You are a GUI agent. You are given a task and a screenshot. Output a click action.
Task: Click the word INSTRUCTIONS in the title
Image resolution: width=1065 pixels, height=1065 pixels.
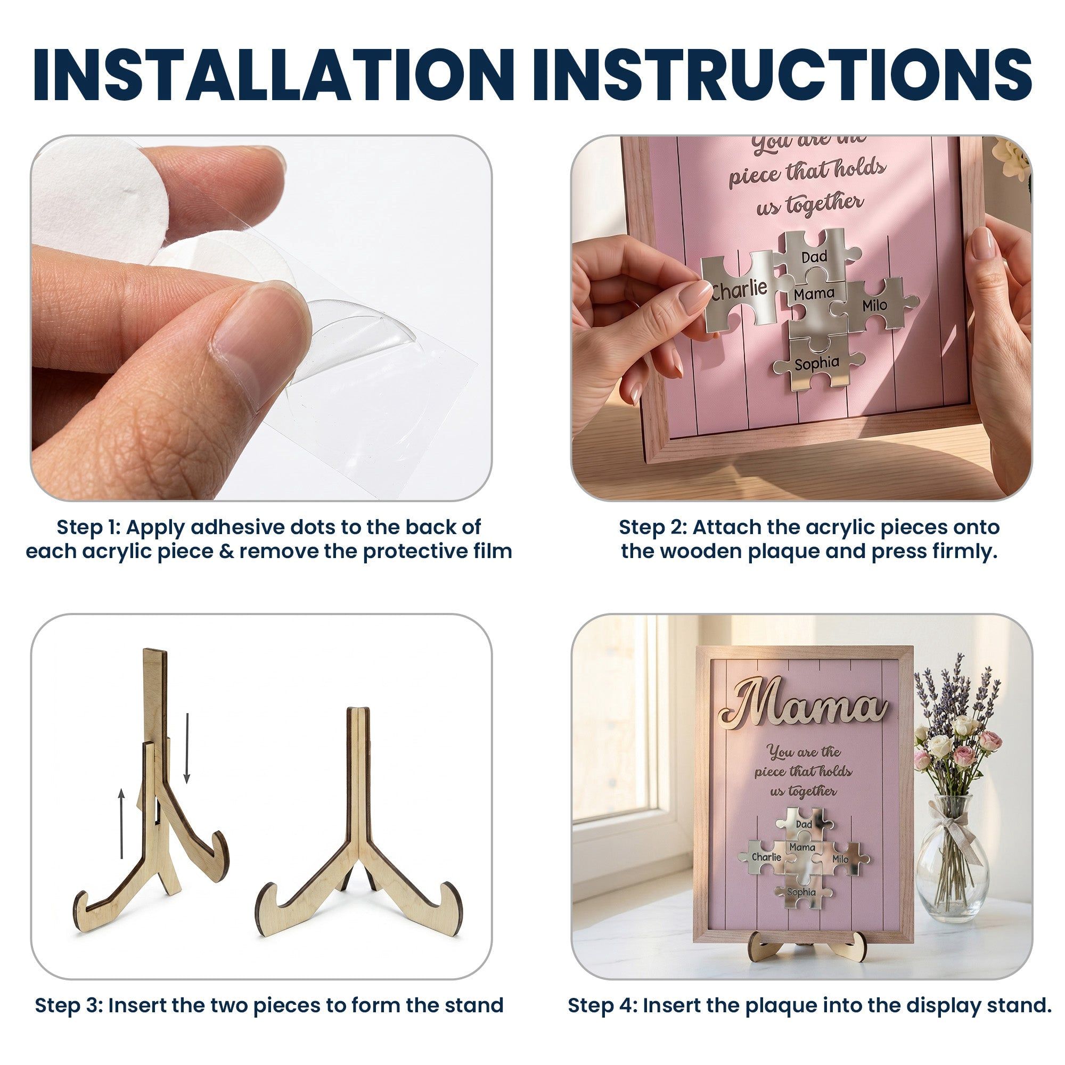point(781,75)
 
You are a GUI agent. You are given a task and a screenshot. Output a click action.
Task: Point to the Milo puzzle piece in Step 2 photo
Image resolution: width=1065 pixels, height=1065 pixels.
point(874,305)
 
